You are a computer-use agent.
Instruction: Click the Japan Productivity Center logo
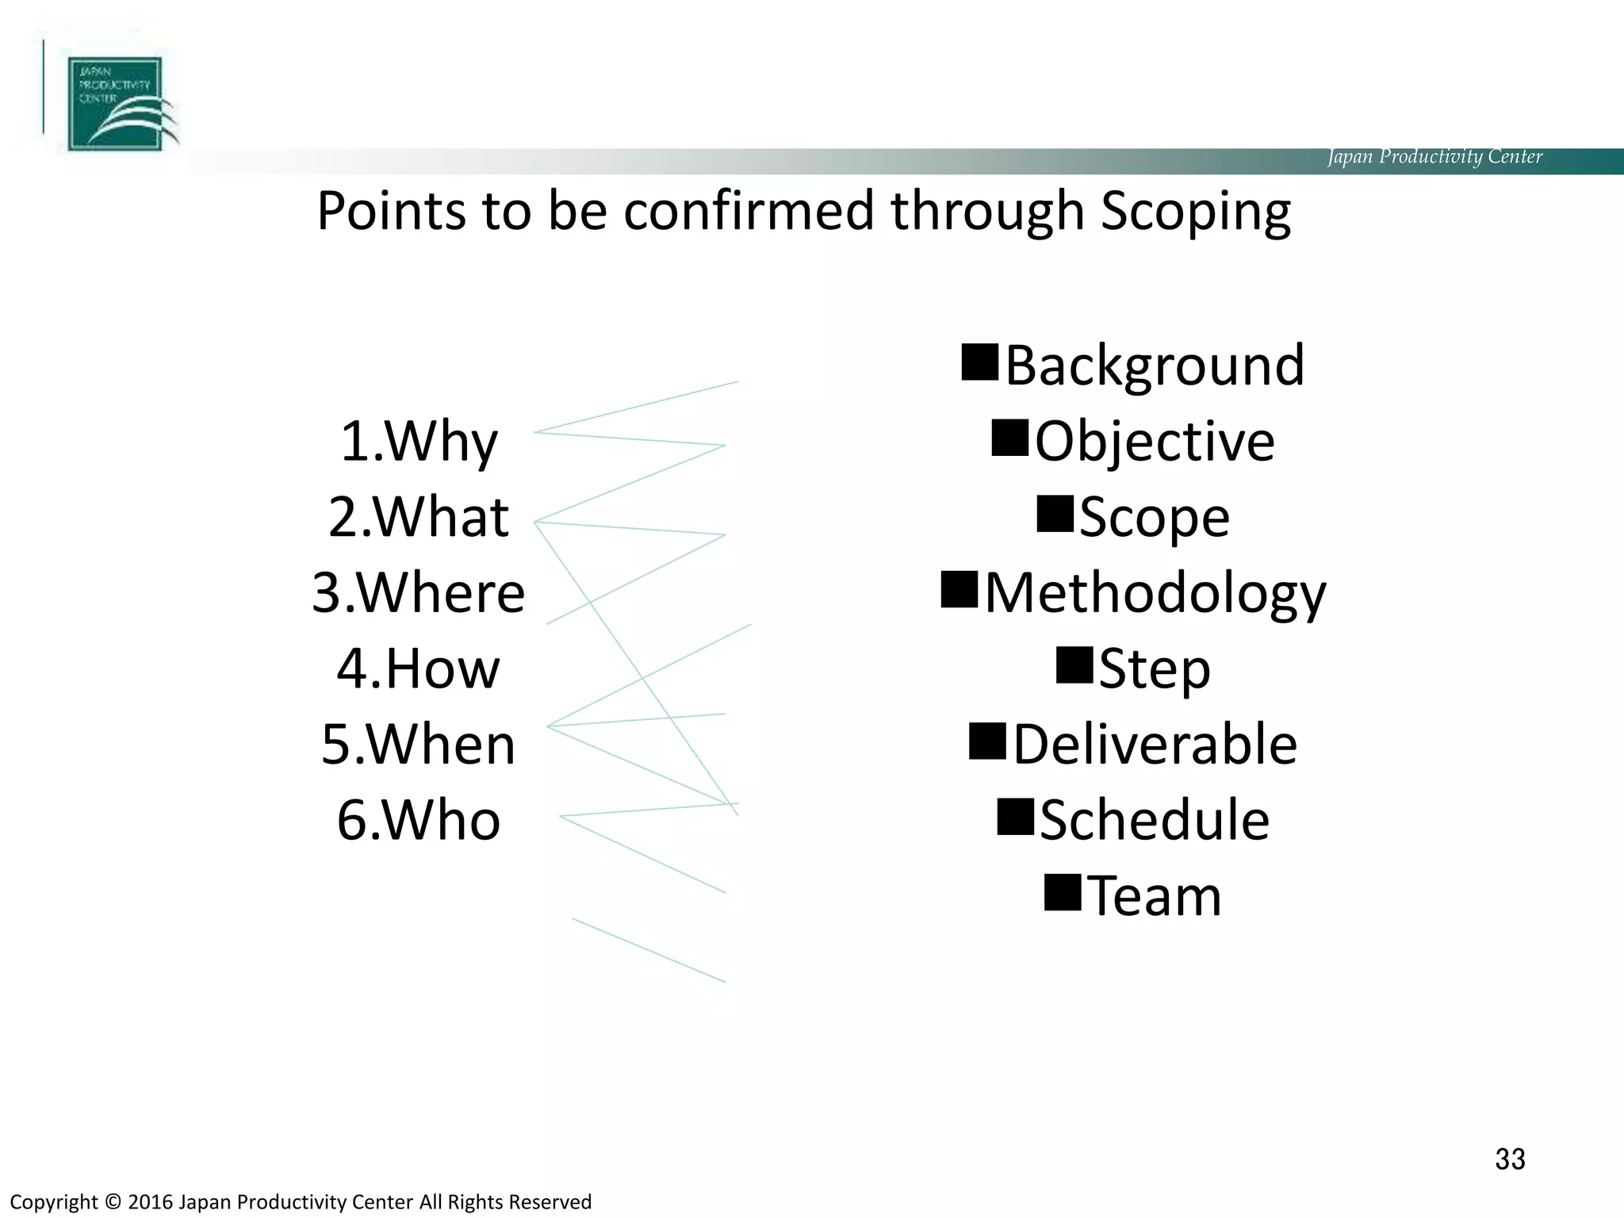point(115,104)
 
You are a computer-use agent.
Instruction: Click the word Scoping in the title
point(1196,213)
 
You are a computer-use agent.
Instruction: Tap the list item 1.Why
point(419,442)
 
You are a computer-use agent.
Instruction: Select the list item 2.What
point(419,517)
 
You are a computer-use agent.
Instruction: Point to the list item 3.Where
point(419,593)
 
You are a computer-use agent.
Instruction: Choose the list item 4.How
point(419,668)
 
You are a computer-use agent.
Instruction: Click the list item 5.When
point(419,745)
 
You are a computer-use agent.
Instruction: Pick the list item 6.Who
point(419,820)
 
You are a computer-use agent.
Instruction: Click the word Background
point(1155,366)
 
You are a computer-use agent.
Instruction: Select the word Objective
point(1155,442)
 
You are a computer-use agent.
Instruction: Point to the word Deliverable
point(1155,745)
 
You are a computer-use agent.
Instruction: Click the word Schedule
point(1155,820)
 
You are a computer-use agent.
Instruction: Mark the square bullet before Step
point(1074,665)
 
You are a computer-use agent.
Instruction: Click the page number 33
point(1510,1159)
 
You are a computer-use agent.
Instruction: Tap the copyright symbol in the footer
point(113,1202)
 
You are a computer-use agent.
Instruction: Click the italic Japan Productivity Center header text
point(1434,156)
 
